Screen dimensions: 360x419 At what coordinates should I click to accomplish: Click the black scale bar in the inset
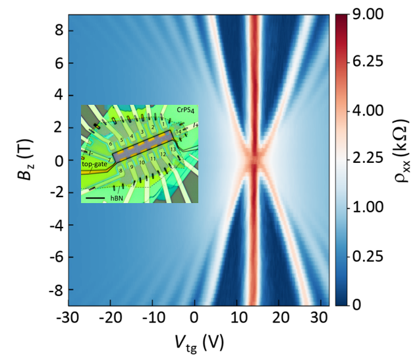pyautogui.click(x=95, y=196)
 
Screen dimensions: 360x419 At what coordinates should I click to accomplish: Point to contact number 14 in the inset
pyautogui.click(x=178, y=132)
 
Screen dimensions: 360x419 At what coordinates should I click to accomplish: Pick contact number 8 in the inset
pyautogui.click(x=121, y=170)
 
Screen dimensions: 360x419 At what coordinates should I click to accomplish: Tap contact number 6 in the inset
pyautogui.click(x=111, y=143)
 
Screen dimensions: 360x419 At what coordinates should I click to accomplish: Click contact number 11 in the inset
pyautogui.click(x=153, y=160)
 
